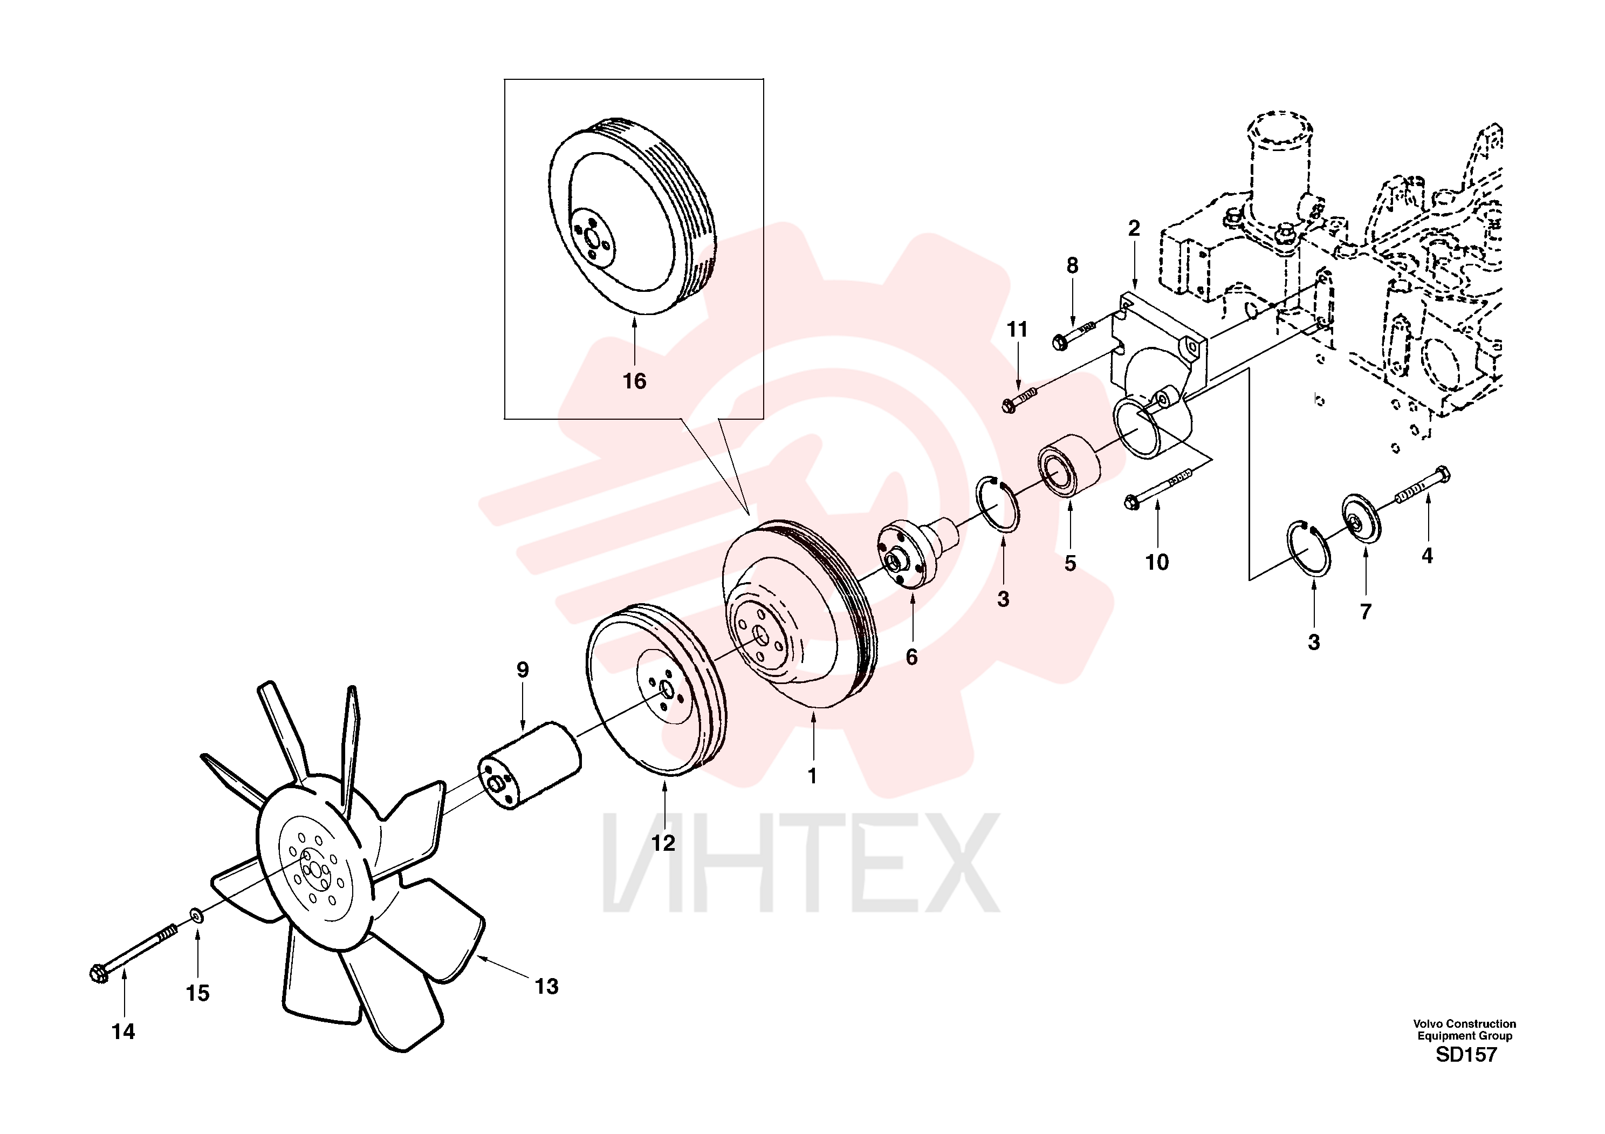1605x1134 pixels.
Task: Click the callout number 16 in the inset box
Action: tap(634, 381)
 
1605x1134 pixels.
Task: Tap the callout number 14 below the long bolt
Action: tap(123, 1031)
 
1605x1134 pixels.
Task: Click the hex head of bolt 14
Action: tap(99, 973)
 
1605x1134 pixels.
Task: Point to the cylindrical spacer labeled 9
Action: tap(530, 766)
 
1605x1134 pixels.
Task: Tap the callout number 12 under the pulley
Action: tap(663, 843)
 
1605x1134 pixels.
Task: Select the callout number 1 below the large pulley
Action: tap(812, 776)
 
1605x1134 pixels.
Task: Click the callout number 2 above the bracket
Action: tap(1134, 228)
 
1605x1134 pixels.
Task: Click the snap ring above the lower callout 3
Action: tap(1308, 549)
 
